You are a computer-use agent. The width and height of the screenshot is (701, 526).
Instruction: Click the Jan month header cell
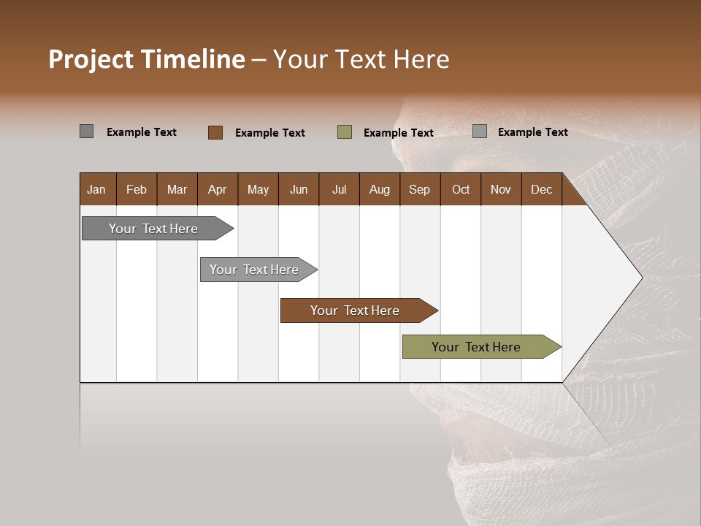pyautogui.click(x=97, y=189)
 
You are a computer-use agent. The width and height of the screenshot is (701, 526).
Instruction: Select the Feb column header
pyautogui.click(x=137, y=189)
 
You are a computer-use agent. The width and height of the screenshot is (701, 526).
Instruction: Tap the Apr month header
pyautogui.click(x=218, y=189)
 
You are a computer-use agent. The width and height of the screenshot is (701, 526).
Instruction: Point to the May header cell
pyautogui.click(x=258, y=189)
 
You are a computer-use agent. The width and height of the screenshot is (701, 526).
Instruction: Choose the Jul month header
pyautogui.click(x=339, y=189)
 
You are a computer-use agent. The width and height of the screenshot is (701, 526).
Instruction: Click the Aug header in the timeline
pyautogui.click(x=380, y=189)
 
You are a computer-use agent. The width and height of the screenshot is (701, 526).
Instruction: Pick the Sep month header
pyautogui.click(x=420, y=189)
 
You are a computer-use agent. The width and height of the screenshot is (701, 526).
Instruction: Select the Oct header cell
pyautogui.click(x=461, y=189)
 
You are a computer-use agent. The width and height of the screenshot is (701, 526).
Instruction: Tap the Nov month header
pyautogui.click(x=501, y=189)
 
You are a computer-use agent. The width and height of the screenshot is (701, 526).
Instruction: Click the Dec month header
pyautogui.click(x=542, y=189)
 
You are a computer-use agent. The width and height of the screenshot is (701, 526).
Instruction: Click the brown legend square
pyautogui.click(x=215, y=132)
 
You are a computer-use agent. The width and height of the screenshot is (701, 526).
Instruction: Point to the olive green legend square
pyautogui.click(x=345, y=132)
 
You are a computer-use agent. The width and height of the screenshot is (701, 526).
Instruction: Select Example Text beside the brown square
pyautogui.click(x=270, y=133)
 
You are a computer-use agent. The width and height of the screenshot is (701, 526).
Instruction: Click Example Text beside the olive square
pyautogui.click(x=399, y=133)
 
